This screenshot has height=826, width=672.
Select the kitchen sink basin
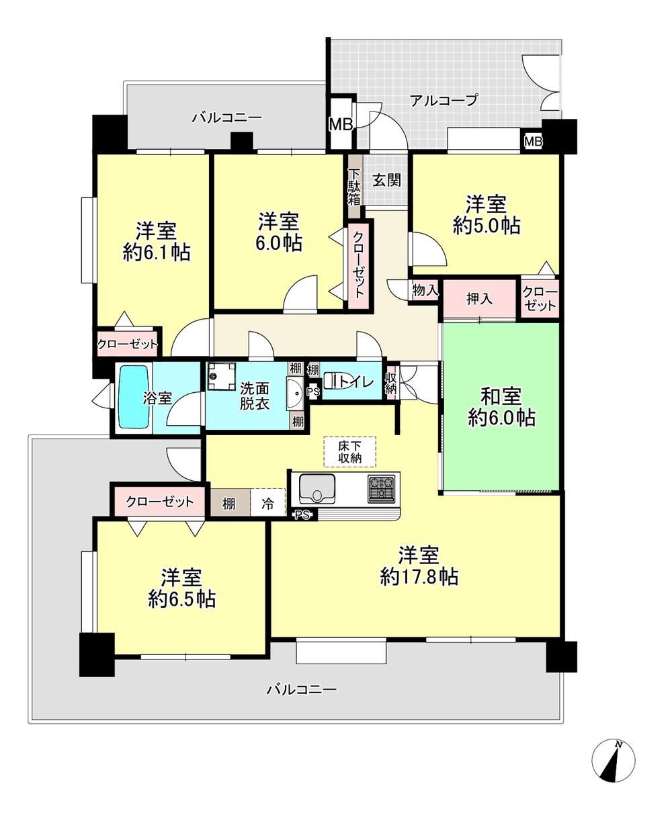317,488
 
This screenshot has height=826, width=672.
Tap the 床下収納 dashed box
350,452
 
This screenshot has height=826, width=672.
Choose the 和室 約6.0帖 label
501,407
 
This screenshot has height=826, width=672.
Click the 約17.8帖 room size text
419,588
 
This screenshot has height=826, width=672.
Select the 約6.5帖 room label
181,610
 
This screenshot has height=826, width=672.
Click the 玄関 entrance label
386,181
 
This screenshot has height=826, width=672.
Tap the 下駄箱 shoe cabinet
355,186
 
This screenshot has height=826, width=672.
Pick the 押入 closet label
480,299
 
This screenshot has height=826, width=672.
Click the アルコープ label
444,101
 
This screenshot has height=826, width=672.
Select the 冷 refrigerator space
267,504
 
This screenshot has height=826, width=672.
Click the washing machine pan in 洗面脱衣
222,376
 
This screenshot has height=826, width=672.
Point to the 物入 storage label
425,290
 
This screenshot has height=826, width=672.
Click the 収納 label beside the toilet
390,383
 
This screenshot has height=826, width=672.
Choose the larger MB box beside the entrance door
341,124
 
